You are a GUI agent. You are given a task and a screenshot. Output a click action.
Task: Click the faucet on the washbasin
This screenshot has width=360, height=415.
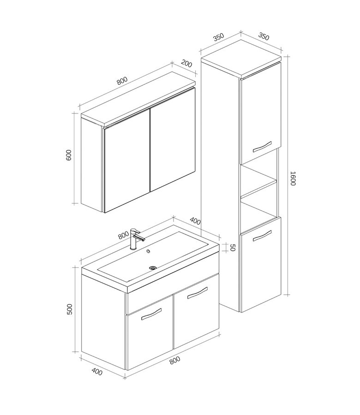click(x=135, y=239)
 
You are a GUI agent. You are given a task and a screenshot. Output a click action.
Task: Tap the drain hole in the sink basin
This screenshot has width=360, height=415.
click(x=153, y=268)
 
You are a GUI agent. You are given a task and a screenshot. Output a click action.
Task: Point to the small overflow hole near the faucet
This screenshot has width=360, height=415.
click(x=148, y=251)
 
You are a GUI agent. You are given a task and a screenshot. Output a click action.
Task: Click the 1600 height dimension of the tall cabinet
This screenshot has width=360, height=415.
click(x=293, y=178)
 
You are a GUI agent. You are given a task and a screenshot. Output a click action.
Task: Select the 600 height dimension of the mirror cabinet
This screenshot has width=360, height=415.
click(x=69, y=155)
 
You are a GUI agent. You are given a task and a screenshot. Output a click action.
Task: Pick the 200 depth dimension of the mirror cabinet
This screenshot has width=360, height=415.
click(x=186, y=64)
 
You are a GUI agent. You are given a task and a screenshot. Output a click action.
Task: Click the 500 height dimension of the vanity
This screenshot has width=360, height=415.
click(x=69, y=309)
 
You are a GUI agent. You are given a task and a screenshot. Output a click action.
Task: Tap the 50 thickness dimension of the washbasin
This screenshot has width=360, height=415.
click(x=232, y=248)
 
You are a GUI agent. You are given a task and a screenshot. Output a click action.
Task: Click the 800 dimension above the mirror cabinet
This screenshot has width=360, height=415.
click(x=122, y=81)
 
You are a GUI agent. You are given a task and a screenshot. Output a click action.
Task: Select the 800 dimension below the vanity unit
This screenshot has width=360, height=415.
click(x=175, y=360)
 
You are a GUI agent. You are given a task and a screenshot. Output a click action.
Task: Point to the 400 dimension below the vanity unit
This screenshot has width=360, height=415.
click(x=97, y=372)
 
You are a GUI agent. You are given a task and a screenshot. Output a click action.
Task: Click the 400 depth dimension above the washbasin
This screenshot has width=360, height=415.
click(x=195, y=221)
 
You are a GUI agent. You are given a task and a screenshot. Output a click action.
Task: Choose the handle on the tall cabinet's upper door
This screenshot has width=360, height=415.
click(x=262, y=147)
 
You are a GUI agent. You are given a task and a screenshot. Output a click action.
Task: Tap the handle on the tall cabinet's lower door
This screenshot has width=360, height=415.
click(x=262, y=236)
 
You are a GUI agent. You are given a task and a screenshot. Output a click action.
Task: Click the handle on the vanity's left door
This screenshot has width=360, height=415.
click(x=151, y=314)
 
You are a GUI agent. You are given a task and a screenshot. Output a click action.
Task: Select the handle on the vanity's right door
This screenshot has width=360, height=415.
click(x=198, y=293)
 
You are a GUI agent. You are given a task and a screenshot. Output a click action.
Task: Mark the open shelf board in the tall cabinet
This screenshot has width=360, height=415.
click(x=259, y=188)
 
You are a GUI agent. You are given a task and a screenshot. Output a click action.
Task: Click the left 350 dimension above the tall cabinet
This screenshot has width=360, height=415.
click(x=219, y=37)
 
